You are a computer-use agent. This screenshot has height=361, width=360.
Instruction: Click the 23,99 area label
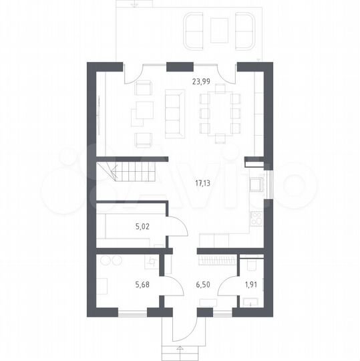pyautogui.click(x=201, y=82)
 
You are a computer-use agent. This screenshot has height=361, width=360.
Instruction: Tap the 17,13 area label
pyautogui.click(x=202, y=183)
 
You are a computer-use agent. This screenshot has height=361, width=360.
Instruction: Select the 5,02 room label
pyautogui.click(x=142, y=227)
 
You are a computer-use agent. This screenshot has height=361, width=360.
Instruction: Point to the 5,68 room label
pyautogui.click(x=142, y=285)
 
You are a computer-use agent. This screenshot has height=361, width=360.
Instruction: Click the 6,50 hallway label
pyautogui.click(x=203, y=285)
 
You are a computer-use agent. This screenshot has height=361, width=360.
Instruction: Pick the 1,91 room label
pyautogui.click(x=251, y=285)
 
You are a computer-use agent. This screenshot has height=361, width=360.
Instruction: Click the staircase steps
pyautogui.click(x=134, y=172)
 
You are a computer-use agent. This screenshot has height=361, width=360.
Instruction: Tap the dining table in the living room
pyautogui.click(x=220, y=114)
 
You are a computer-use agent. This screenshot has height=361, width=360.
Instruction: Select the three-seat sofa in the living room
pyautogui.click(x=175, y=114)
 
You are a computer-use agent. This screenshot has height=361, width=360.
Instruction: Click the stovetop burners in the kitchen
pyautogui.click(x=256, y=219)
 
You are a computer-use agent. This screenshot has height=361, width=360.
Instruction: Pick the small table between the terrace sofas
pyautogui.click(x=220, y=31)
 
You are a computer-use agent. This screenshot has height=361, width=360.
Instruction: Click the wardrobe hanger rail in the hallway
pyautogui.click(x=217, y=260)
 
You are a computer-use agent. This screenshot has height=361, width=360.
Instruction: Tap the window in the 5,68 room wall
pyautogui.click(x=132, y=313)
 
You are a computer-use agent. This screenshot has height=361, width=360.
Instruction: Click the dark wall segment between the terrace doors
pyautogui.click(x=180, y=67)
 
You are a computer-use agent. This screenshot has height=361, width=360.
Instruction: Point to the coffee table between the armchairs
pyautogui.click(x=145, y=110)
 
